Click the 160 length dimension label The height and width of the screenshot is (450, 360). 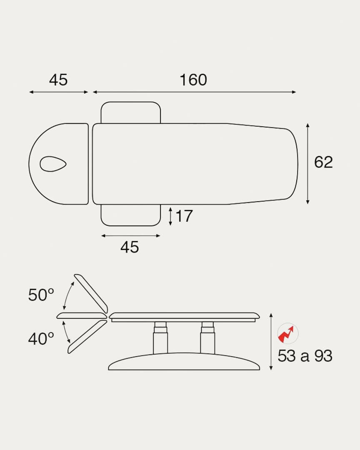193,80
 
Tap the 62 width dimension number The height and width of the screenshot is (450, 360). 323,162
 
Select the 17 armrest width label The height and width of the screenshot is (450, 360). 184,216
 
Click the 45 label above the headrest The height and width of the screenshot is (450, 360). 58,80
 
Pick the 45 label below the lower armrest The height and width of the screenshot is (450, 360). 130,247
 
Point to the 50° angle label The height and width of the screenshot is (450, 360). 41,295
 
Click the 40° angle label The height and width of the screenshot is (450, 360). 41,339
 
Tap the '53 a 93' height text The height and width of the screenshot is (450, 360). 305,356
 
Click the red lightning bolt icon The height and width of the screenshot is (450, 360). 287,333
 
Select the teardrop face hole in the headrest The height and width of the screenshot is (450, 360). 53,164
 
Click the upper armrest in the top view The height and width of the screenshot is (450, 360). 131,112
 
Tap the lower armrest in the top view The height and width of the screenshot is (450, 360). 131,215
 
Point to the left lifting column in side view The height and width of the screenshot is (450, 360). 160,338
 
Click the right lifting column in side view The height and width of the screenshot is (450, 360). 207,338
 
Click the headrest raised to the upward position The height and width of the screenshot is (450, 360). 91,293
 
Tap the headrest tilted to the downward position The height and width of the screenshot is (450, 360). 87,337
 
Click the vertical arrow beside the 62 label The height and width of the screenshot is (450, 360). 307,164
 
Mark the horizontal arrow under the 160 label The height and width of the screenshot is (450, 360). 194,92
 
